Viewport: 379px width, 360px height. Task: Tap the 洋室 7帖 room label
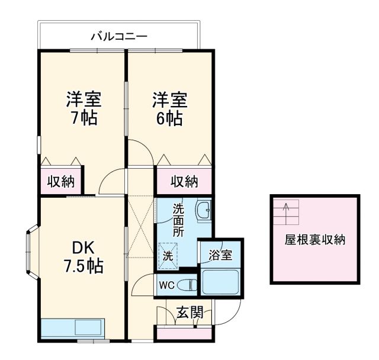coord(82,108)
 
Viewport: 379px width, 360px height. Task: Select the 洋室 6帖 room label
coord(169,108)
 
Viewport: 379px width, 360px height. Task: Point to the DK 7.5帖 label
coord(82,256)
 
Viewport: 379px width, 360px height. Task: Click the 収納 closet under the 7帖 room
coord(62,181)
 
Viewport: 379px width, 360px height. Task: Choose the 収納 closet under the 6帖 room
coord(184,181)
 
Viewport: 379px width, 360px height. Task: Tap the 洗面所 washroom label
coord(178,219)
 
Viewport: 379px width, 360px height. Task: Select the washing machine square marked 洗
coord(168,256)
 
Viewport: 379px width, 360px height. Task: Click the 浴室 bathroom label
coord(220,256)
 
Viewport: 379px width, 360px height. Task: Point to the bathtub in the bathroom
coord(220,282)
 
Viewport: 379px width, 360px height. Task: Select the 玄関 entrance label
coord(190,312)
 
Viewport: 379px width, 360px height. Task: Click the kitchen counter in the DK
coord(72,327)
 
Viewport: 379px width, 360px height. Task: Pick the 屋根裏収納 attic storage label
coord(315,240)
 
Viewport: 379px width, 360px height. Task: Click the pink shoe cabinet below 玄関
coord(184,333)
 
